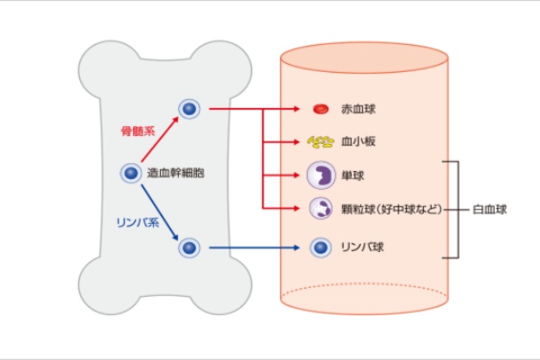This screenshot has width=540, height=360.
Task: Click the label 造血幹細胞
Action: (176, 173)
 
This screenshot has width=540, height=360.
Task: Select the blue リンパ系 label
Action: (136, 218)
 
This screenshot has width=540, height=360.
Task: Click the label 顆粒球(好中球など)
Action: (391, 210)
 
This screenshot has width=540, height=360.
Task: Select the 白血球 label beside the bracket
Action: (490, 210)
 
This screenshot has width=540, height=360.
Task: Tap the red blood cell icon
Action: (319, 110)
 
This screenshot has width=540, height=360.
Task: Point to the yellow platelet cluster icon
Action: (319, 142)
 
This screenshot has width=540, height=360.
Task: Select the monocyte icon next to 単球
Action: (319, 175)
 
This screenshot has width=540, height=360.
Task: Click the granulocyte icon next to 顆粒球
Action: (319, 209)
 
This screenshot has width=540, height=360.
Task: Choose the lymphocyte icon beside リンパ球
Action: (319, 246)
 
